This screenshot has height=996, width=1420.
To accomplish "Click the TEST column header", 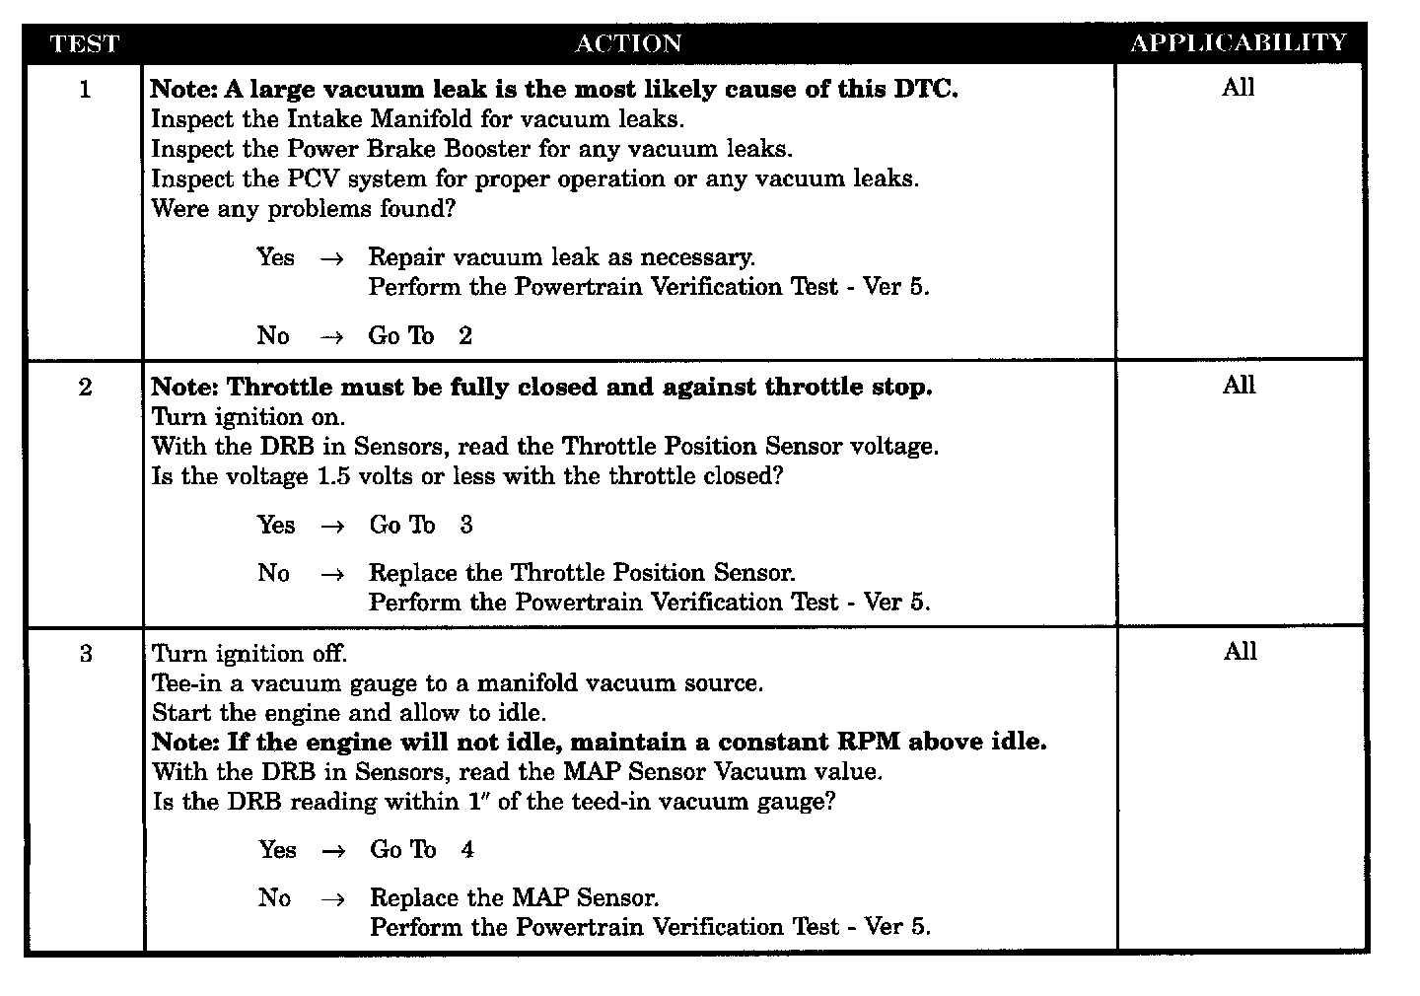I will point(84,43).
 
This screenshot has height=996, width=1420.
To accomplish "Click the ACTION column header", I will point(628,43).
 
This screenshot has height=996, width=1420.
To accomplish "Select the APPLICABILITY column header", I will point(1239,42).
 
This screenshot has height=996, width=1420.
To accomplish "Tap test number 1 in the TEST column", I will point(85,90).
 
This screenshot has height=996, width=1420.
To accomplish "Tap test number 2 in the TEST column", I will point(85,388).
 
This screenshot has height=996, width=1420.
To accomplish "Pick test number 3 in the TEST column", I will point(86,654).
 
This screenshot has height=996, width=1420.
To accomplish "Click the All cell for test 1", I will point(1239,88).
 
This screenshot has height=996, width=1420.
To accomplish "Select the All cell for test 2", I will point(1240,386).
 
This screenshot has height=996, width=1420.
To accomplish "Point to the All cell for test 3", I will point(1241,652).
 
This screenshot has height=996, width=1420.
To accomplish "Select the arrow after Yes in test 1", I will point(332,258).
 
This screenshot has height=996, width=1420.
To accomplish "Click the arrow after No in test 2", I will point(332,574).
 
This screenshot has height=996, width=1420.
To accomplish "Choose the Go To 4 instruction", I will point(422,849).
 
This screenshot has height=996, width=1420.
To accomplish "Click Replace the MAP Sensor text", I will point(514,897).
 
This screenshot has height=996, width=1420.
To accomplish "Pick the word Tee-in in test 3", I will point(186,683).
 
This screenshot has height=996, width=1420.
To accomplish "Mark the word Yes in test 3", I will point(277,849).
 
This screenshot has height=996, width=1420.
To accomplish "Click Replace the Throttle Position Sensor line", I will point(582,573).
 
